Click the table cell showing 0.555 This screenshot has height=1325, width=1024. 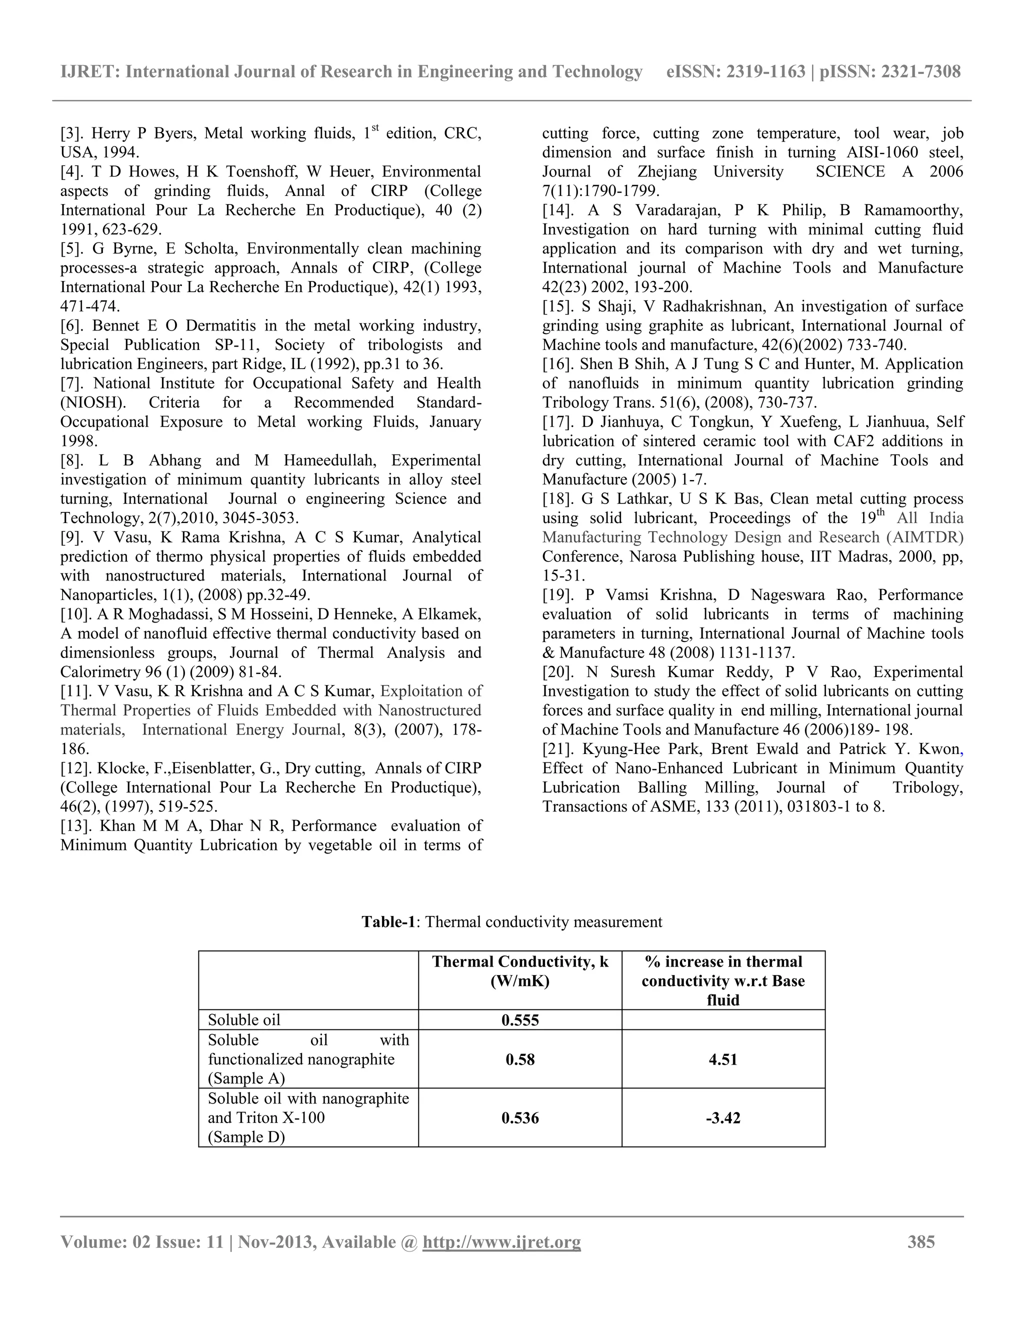coord(520,1020)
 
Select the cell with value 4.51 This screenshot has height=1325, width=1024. coord(722,1059)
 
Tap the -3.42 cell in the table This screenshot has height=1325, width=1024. coord(722,1117)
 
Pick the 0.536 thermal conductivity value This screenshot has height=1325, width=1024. coord(520,1117)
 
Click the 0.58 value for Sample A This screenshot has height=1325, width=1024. coord(520,1059)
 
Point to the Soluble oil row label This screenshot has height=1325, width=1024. coord(244,1020)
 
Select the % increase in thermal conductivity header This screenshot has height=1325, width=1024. coord(722,980)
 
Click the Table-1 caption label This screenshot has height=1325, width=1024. coord(388,922)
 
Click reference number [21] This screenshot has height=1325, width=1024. coord(557,748)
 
